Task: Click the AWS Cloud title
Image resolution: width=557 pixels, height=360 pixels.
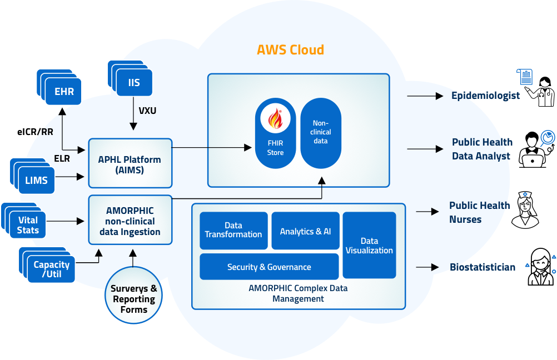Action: [x=290, y=50]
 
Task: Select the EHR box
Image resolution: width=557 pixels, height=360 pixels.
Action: [x=64, y=92]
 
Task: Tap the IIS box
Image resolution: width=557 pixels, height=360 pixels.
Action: [x=133, y=83]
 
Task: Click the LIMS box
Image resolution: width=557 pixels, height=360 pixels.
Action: [x=36, y=181]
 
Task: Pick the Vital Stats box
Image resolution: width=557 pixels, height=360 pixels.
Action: [x=28, y=225]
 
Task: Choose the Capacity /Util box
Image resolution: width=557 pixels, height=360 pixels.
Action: [x=51, y=269]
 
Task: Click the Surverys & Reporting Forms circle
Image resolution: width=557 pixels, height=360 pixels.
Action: [x=133, y=299]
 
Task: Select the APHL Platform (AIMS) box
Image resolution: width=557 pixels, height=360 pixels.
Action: [x=130, y=164]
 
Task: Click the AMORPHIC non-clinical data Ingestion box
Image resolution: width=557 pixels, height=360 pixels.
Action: [x=130, y=221]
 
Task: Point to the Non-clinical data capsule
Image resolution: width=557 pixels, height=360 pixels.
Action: [x=321, y=133]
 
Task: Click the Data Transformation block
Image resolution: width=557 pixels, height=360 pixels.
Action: [x=233, y=230]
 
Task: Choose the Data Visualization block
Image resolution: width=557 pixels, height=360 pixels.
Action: [x=369, y=245]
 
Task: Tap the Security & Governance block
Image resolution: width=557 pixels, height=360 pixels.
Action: [x=269, y=267]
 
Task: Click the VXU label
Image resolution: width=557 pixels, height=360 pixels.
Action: [x=147, y=111]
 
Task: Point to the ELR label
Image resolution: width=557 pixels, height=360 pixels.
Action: [x=62, y=158]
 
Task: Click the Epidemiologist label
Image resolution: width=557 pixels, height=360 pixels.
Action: [x=485, y=96]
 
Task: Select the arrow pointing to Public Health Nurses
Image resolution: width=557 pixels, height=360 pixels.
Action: [x=427, y=212]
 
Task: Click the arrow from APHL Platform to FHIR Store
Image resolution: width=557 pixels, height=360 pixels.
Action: [x=212, y=147]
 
